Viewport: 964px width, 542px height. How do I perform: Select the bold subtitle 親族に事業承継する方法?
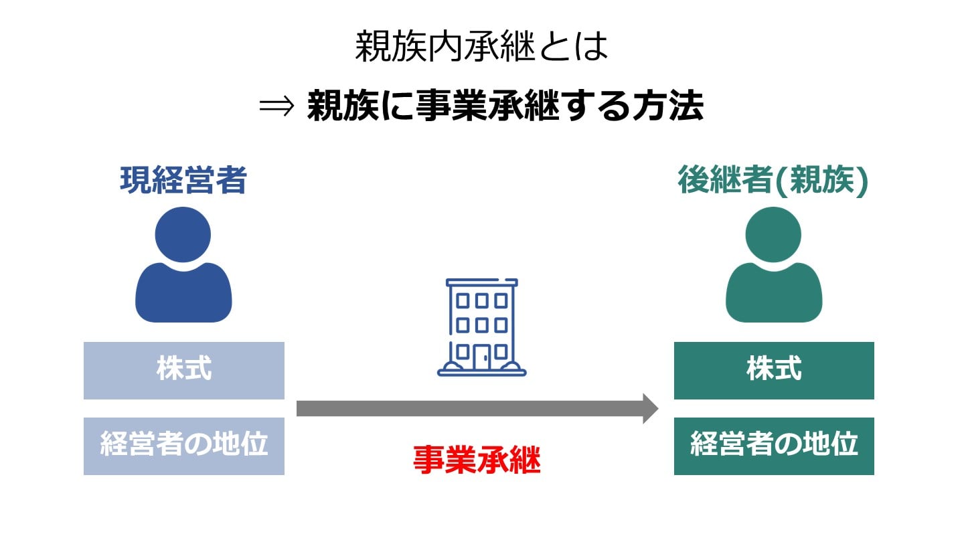pos(505,107)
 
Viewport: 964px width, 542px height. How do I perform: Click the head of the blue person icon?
pos(183,234)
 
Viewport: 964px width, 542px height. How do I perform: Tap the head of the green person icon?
pos(773,234)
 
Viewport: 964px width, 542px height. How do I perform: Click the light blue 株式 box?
pos(184,370)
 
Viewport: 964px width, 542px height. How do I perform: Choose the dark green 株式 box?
pos(774,370)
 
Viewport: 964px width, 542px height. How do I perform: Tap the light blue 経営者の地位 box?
pos(184,446)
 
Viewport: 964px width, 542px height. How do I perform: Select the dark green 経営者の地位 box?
pos(774,446)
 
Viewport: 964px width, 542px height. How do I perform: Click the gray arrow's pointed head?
pos(650,408)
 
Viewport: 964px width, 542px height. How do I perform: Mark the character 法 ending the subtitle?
pos(686,107)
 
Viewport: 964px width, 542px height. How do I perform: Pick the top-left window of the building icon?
pos(463,300)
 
